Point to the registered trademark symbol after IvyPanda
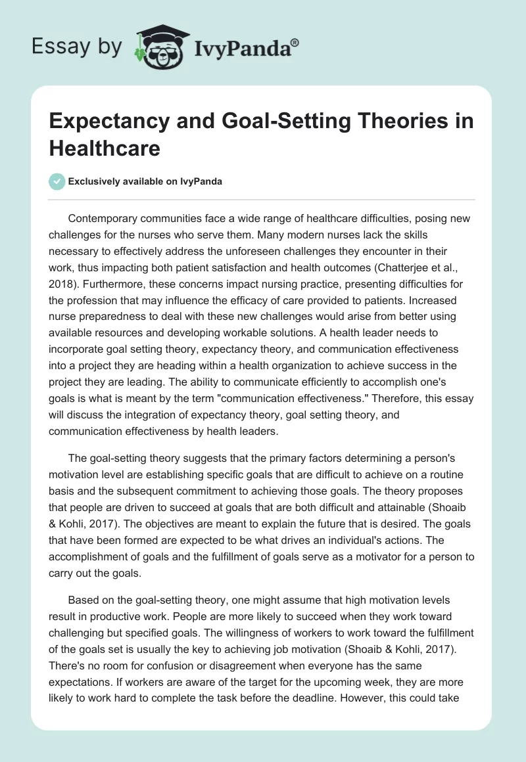point(295,42)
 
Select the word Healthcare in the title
point(105,148)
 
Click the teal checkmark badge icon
point(57,181)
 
